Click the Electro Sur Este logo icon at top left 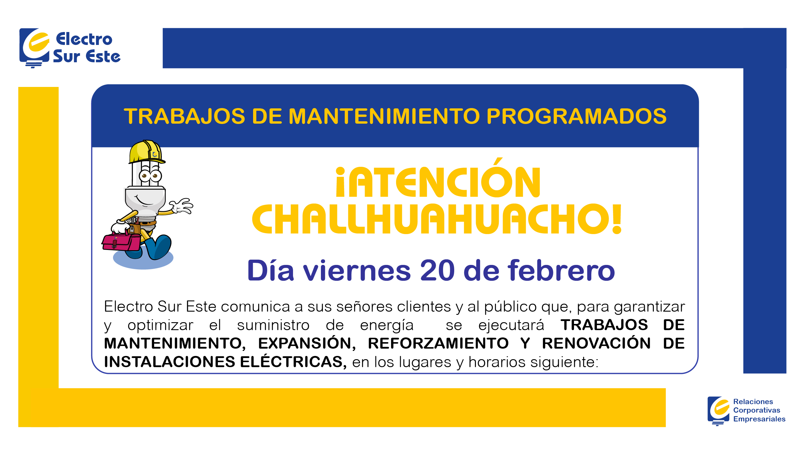34,47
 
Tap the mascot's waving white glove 182,206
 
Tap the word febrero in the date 561,270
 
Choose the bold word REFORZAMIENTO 438,343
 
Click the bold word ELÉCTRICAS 293,362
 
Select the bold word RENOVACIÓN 596,343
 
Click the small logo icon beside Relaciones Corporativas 718,410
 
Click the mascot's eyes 150,176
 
